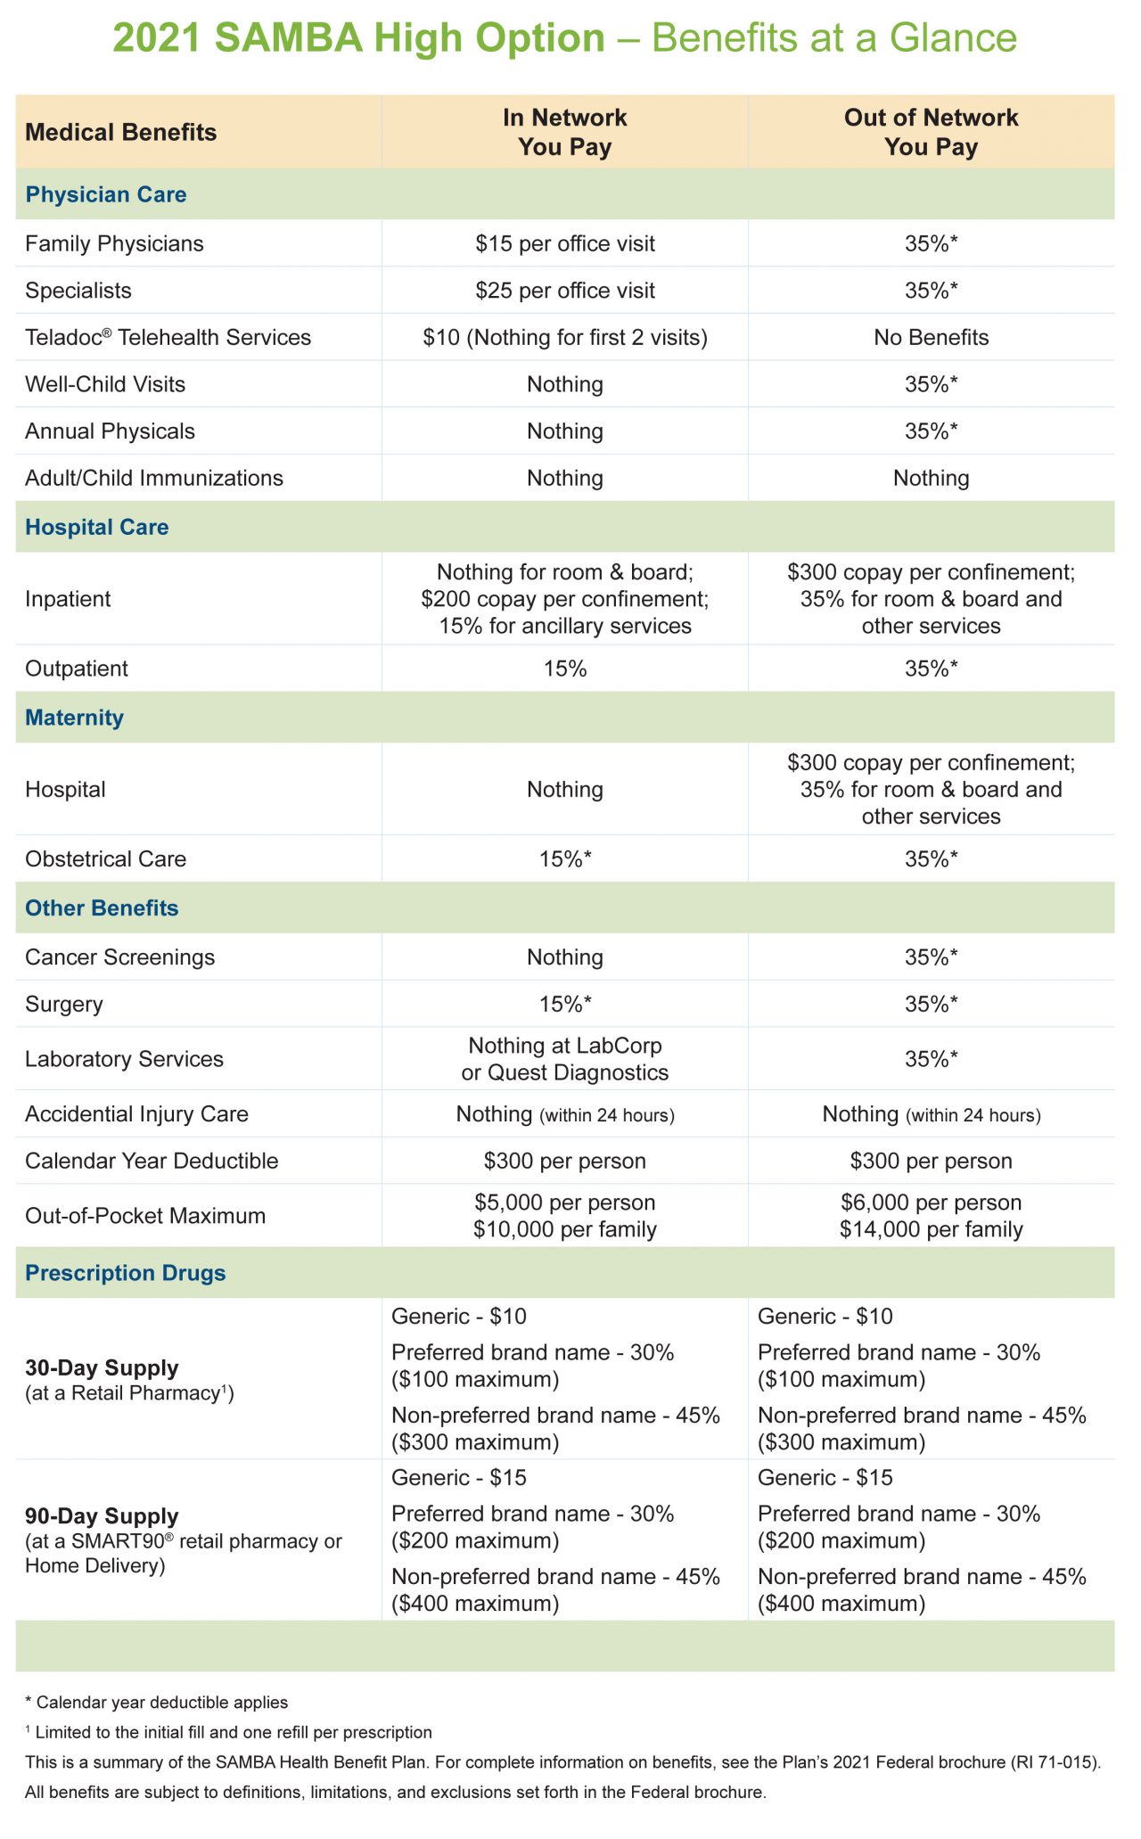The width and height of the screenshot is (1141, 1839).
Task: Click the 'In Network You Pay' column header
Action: tap(564, 132)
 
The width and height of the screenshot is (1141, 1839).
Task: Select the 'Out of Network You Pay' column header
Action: tap(931, 132)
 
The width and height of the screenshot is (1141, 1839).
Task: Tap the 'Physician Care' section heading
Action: tap(106, 194)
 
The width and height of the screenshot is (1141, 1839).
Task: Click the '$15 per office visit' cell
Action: tap(564, 243)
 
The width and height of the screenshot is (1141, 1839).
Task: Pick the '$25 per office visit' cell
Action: tap(564, 291)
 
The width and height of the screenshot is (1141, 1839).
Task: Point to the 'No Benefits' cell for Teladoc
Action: tap(931, 337)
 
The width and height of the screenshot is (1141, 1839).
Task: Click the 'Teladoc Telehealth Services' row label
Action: tap(168, 337)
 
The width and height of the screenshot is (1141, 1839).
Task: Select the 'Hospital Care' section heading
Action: tap(97, 527)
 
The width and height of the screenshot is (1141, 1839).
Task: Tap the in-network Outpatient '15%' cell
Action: tap(564, 669)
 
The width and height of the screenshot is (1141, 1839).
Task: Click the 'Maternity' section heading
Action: tap(74, 718)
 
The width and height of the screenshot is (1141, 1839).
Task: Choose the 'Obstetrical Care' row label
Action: tap(105, 858)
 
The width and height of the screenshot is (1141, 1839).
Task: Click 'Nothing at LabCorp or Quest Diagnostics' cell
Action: tap(564, 1058)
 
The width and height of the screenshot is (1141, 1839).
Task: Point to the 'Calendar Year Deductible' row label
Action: tap(152, 1161)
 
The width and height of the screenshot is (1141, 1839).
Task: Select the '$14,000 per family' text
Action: tap(931, 1229)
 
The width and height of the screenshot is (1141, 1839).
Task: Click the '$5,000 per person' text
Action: tap(564, 1202)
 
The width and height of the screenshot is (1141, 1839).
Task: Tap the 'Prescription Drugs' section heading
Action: tap(125, 1272)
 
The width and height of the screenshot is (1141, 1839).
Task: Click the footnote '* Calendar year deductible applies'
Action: tap(156, 1702)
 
